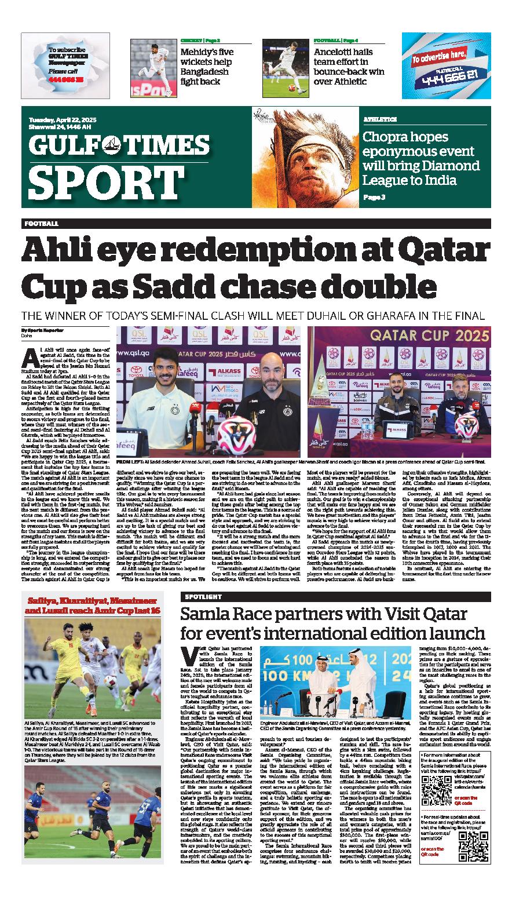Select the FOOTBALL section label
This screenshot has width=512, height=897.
coord(41,223)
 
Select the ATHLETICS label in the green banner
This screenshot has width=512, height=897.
coord(380,119)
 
